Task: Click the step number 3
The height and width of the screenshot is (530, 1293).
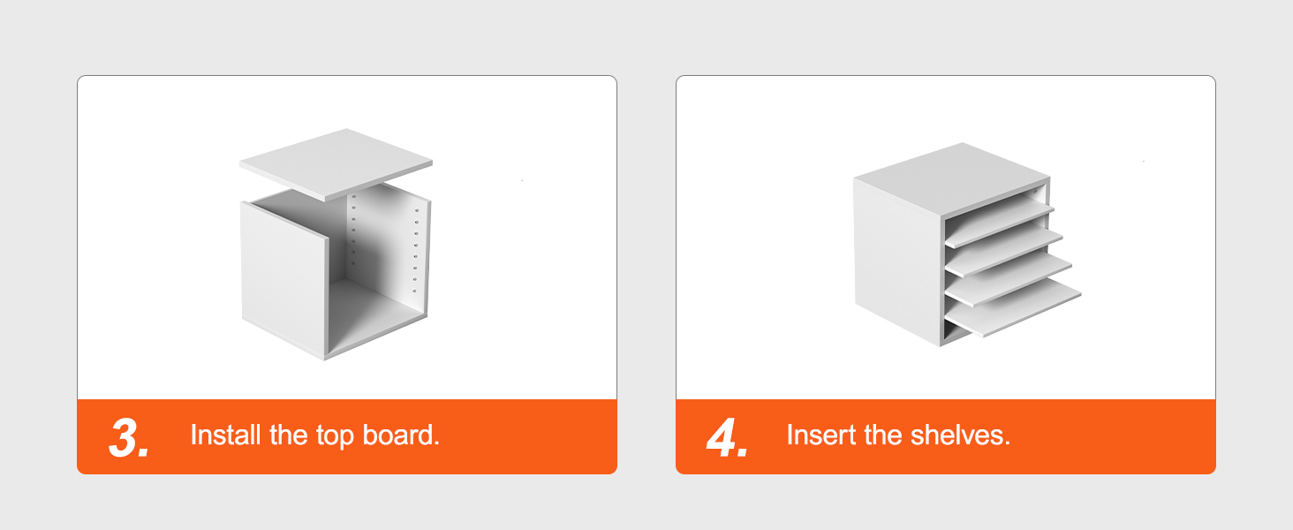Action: (129, 437)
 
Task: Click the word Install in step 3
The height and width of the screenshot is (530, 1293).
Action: (226, 435)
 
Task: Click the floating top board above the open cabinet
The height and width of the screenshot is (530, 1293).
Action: (336, 164)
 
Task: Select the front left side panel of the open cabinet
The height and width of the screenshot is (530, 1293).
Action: (284, 278)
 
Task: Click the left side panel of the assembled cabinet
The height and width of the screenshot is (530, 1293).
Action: (897, 262)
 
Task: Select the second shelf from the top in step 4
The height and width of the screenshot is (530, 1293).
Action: (1004, 249)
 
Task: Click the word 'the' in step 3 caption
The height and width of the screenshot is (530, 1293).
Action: (288, 435)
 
